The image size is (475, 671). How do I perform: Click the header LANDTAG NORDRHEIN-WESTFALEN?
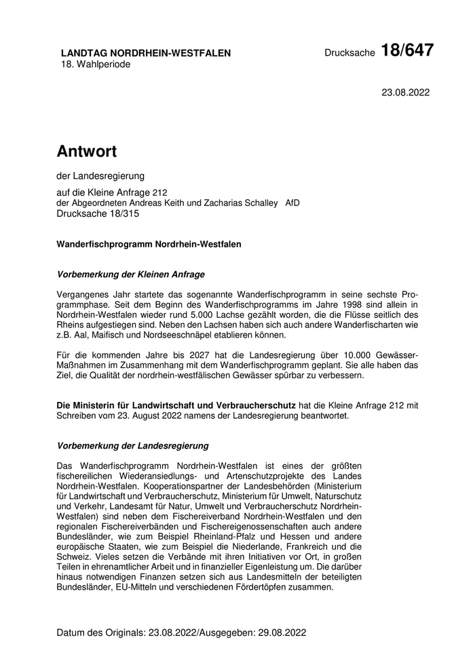click(145, 53)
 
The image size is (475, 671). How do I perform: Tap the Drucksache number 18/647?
click(406, 50)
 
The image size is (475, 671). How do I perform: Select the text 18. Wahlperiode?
click(96, 64)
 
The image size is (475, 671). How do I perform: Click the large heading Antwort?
click(87, 150)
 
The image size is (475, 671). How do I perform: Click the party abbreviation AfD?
click(292, 203)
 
